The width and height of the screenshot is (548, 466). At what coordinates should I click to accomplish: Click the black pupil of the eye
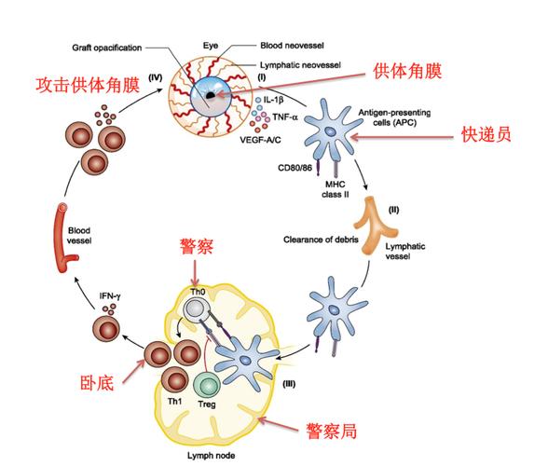[210, 95]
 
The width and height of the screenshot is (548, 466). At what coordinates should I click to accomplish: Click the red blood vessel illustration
[64, 238]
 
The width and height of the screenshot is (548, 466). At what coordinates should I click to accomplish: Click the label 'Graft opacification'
[107, 48]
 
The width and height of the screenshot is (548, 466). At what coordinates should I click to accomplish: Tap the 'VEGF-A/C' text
[260, 140]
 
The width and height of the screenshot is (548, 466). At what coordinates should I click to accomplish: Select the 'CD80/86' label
[295, 168]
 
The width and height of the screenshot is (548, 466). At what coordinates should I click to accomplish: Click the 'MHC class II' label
[336, 189]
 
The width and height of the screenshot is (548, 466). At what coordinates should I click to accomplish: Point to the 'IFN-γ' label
[110, 296]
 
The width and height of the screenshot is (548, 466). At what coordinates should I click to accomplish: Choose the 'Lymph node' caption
[211, 456]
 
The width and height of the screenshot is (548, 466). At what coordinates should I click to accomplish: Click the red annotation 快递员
[486, 134]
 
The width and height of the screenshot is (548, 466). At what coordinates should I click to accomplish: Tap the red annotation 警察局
[332, 431]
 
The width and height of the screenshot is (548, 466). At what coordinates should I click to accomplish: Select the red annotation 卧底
[97, 383]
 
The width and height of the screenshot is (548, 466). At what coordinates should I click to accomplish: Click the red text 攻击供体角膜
[88, 86]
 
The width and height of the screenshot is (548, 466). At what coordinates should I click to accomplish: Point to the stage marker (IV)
[155, 77]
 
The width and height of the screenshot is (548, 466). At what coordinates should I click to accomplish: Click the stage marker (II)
[393, 210]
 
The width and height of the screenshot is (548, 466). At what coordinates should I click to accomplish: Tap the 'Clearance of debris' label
[321, 240]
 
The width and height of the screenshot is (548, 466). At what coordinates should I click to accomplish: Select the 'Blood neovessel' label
[293, 46]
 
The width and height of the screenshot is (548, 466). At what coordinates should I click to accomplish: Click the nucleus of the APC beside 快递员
[329, 131]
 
